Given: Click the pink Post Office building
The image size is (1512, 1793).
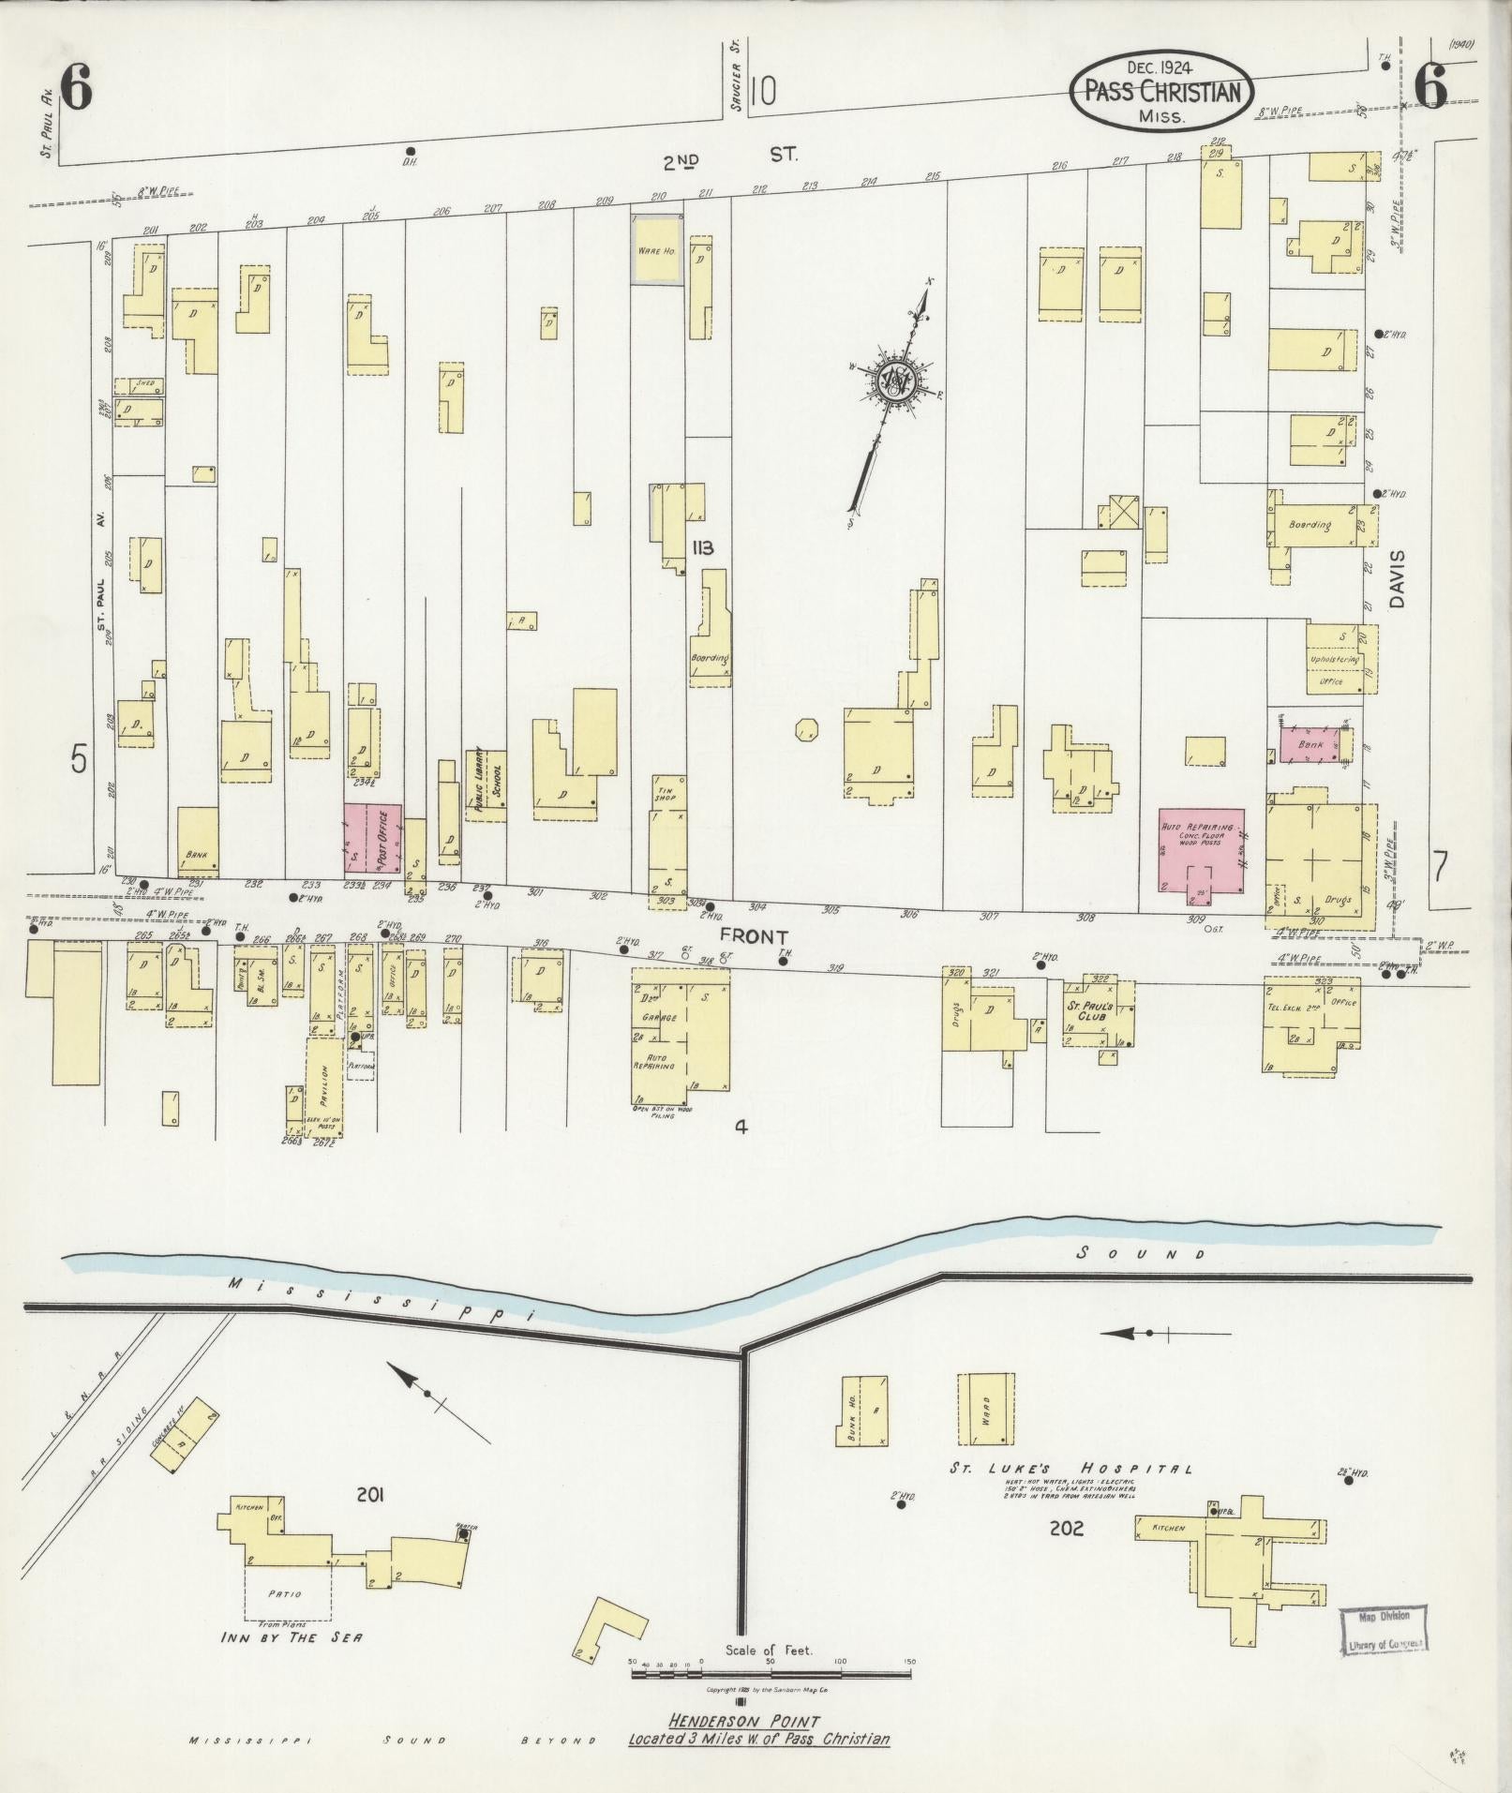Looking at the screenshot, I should pyautogui.click(x=372, y=838).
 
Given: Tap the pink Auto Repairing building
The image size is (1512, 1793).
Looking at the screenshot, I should pyautogui.click(x=1201, y=849).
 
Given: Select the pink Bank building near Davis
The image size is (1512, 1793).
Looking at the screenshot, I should pyautogui.click(x=1310, y=743).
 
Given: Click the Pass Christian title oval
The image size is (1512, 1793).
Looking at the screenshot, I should pyautogui.click(x=1162, y=91).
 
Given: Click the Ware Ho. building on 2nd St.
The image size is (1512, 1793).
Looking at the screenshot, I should pyautogui.click(x=656, y=249).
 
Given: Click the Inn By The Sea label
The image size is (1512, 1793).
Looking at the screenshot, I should pyautogui.click(x=291, y=1636).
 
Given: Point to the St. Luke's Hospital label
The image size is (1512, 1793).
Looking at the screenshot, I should pyautogui.click(x=1070, y=1495).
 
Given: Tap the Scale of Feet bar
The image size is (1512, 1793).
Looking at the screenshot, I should pyautogui.click(x=772, y=1673).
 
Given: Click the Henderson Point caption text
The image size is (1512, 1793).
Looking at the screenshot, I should pyautogui.click(x=757, y=1730).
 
